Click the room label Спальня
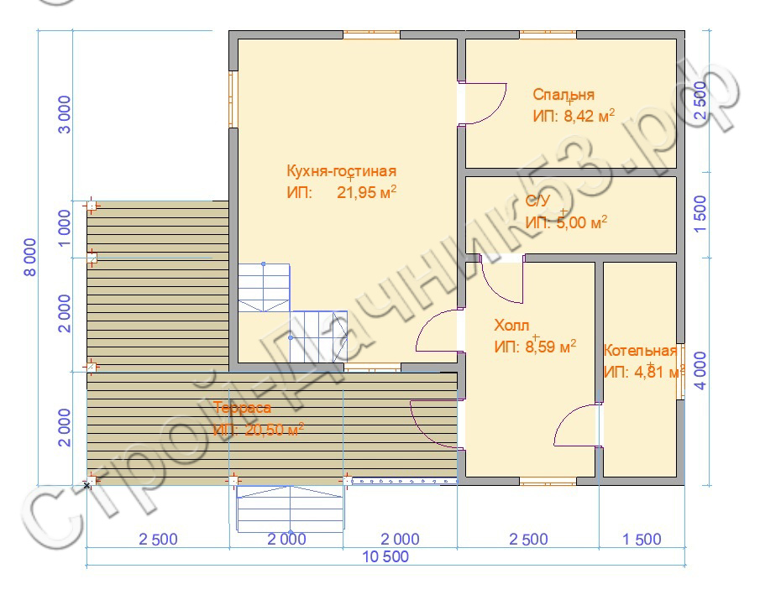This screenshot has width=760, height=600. tap(563, 95)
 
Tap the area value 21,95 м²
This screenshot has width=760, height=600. tap(366, 192)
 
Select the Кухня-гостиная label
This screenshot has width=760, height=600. tap(342, 171)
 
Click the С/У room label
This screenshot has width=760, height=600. tap(538, 201)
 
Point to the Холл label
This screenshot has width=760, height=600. tap(511, 325)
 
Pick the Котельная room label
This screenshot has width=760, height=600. tap(640, 351)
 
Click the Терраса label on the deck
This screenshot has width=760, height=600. tap(242, 408)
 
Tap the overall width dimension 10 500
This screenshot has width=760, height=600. tap(385, 557)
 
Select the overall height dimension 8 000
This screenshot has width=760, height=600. tap(30, 257)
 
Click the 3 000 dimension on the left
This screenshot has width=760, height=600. tap(65, 115)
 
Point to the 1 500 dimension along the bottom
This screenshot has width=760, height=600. tap(642, 539)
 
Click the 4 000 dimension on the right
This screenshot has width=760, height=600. tap(701, 371)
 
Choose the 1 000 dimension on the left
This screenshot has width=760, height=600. tap(65, 228)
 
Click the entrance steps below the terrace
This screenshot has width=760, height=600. tap(290, 509)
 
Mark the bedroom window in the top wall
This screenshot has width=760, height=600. tap(548, 35)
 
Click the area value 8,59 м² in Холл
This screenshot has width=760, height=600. tap(535, 347)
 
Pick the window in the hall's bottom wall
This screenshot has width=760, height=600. tap(548, 481)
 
